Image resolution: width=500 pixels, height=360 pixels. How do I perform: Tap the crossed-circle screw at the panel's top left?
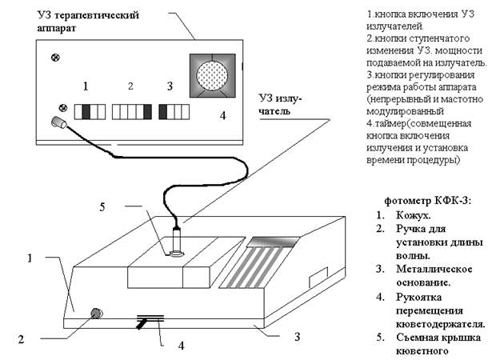coord(55,58)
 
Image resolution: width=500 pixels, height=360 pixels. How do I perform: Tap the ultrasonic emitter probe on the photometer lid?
coord(178,241)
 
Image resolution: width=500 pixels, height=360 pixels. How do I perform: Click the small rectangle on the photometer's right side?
coord(317,277)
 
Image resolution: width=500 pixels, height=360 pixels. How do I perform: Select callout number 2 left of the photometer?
coord(22,339)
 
